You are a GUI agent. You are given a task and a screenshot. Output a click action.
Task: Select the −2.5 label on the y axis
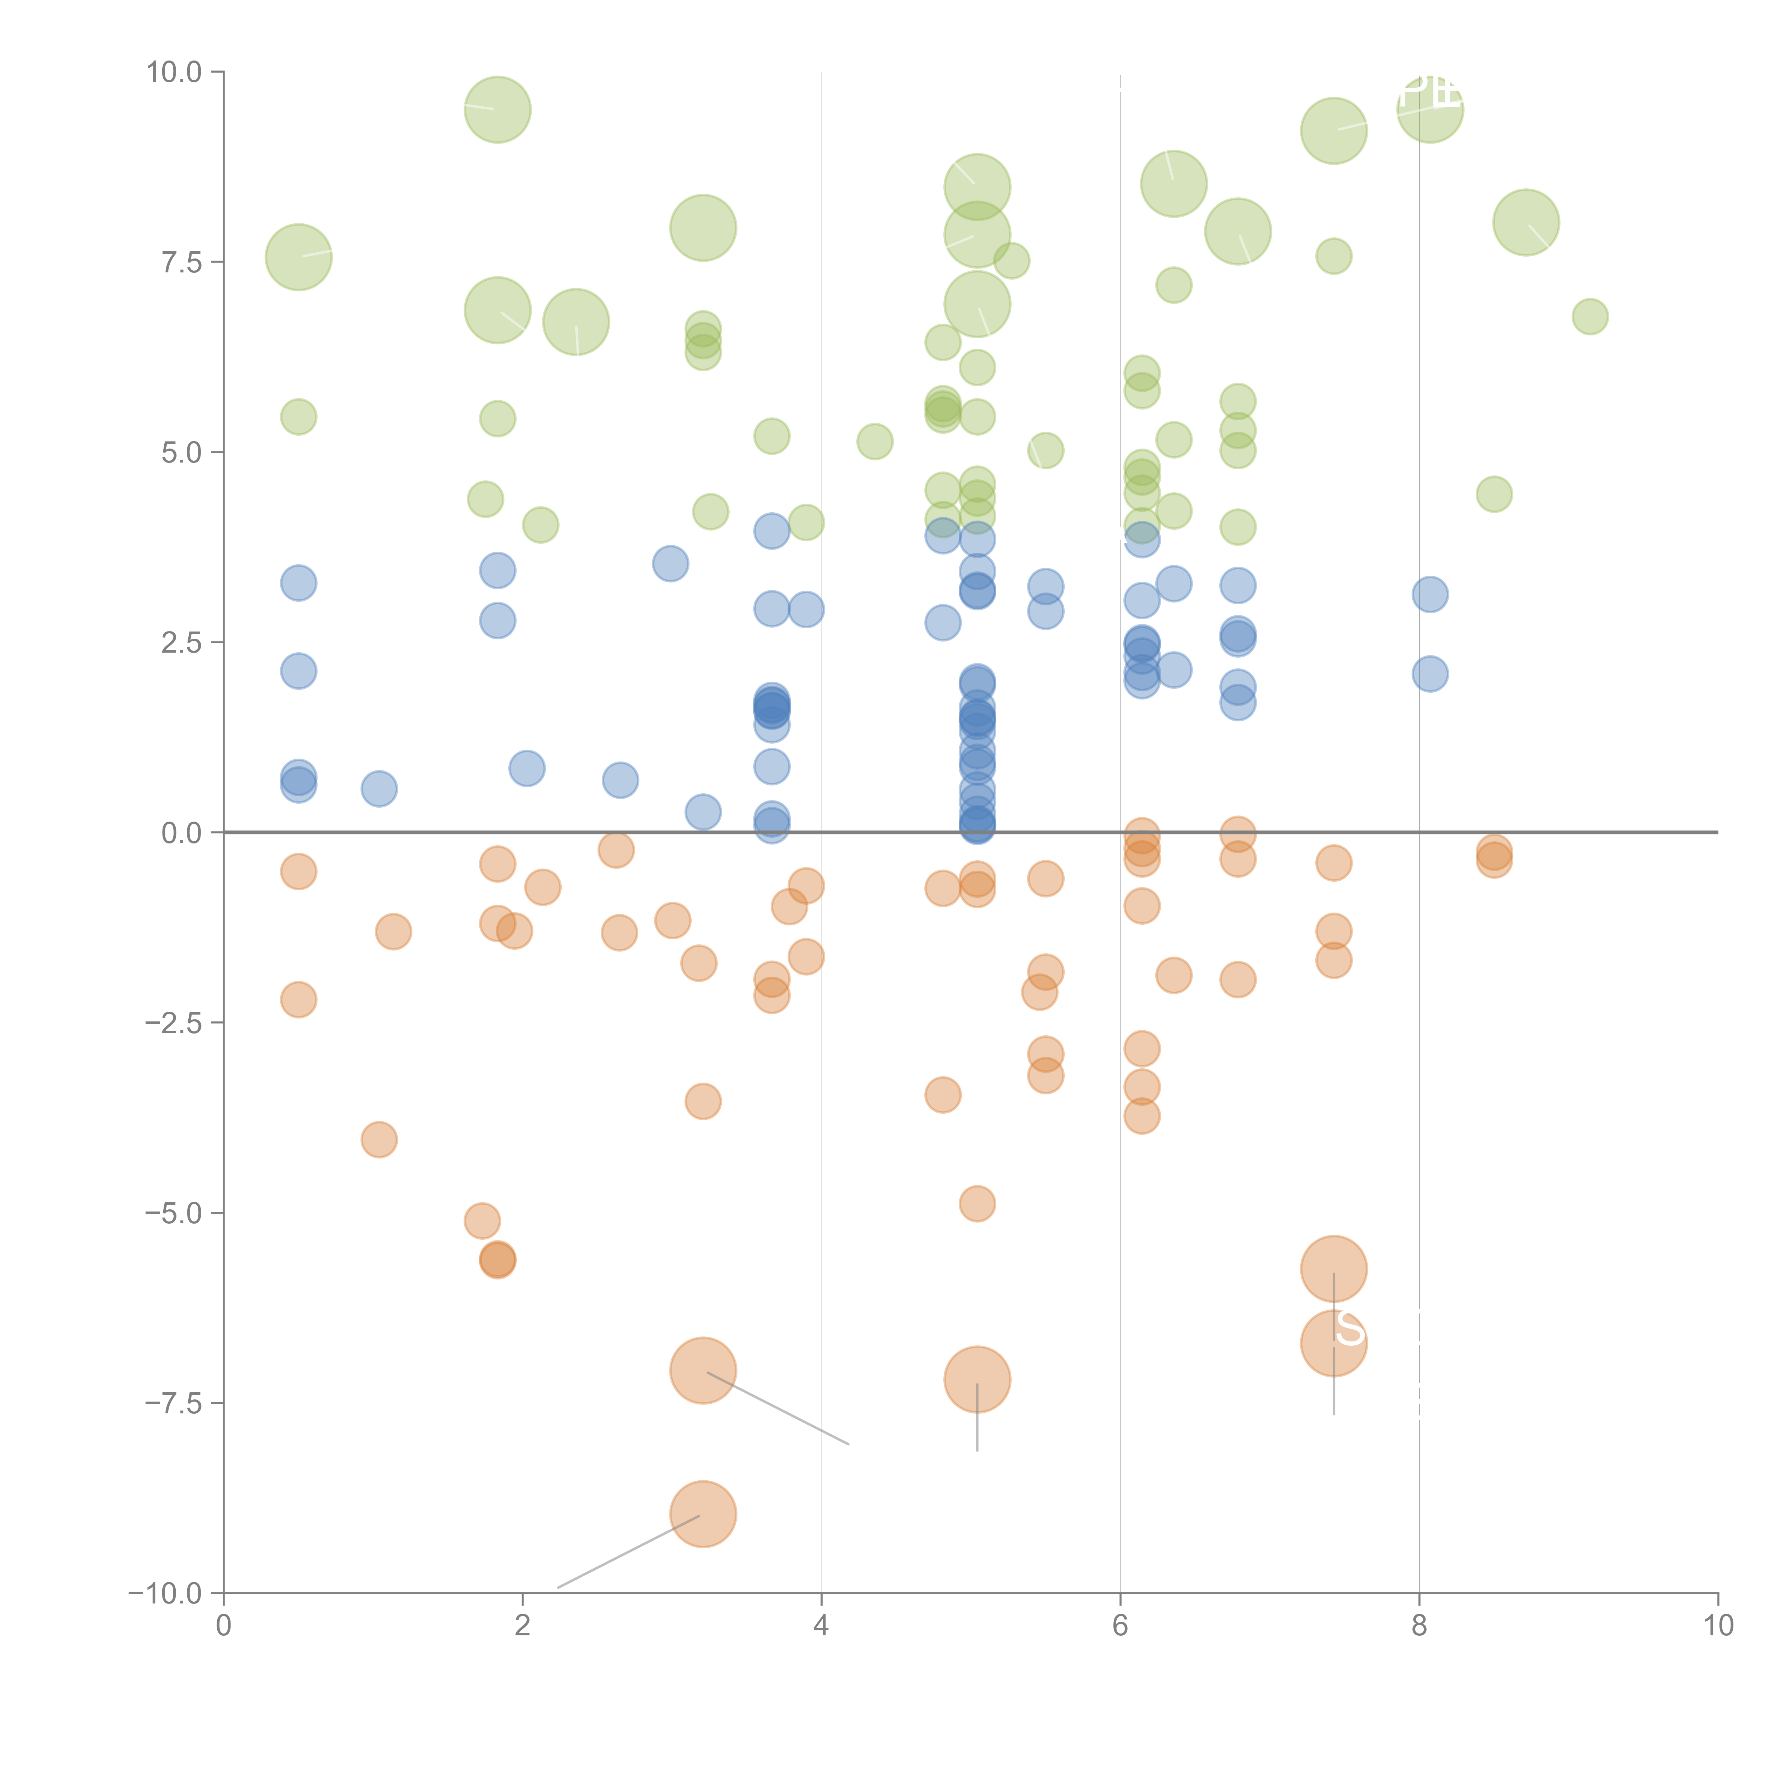(x=173, y=1023)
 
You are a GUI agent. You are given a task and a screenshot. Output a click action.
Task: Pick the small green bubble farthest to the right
(x=1590, y=317)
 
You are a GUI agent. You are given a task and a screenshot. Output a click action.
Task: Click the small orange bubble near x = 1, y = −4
(x=379, y=1140)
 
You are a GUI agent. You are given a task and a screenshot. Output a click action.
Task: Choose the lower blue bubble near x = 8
(x=1429, y=673)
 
